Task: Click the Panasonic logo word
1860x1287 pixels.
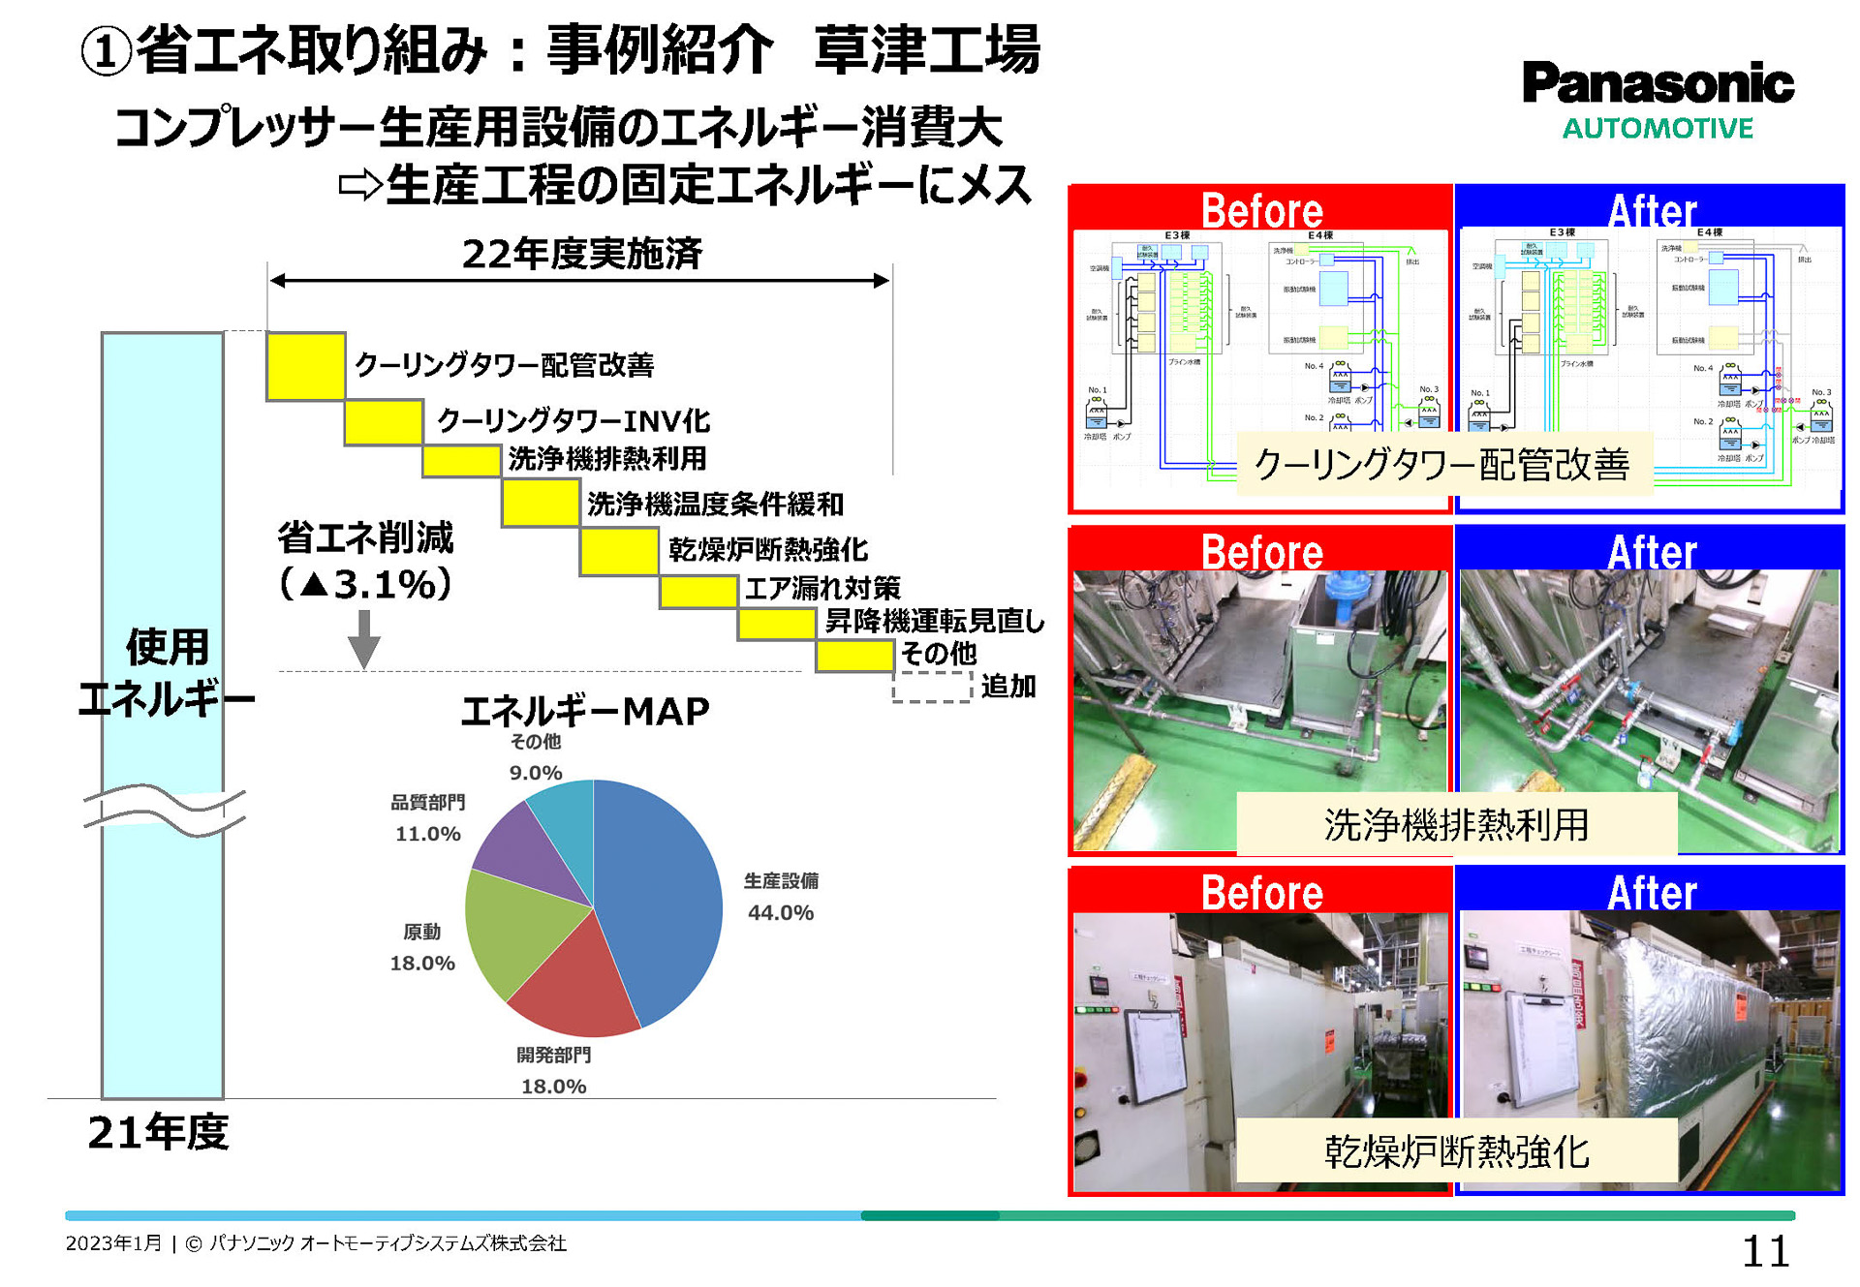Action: pyautogui.click(x=1658, y=83)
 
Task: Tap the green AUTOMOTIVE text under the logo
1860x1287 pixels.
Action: pyautogui.click(x=1658, y=129)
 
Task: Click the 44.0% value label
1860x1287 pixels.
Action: pyautogui.click(x=781, y=912)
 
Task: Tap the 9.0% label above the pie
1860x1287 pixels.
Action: pyautogui.click(x=536, y=773)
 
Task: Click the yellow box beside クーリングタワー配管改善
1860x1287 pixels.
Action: pyautogui.click(x=305, y=366)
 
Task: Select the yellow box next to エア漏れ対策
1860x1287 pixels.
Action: pyautogui.click(x=698, y=592)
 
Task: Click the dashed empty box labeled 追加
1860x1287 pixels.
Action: pyautogui.click(x=931, y=687)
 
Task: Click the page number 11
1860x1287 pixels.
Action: pyautogui.click(x=1765, y=1252)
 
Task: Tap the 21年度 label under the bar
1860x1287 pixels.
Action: pyautogui.click(x=158, y=1132)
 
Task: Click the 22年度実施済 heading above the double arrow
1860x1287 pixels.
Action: pyautogui.click(x=581, y=254)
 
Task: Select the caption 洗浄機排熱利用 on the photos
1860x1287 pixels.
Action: pyautogui.click(x=1456, y=825)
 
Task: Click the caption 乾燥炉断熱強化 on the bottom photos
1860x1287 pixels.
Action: pyautogui.click(x=1456, y=1151)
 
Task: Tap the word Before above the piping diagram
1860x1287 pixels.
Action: pyautogui.click(x=1261, y=210)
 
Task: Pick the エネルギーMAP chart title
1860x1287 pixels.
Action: pyautogui.click(x=585, y=711)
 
